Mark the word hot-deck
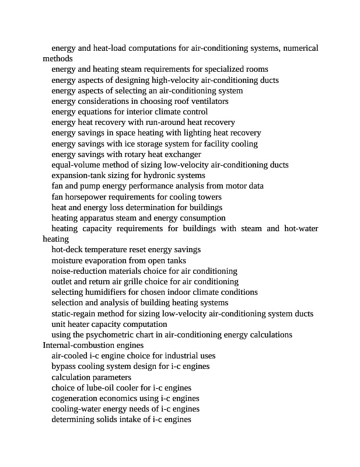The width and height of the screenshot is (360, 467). [x=68, y=249]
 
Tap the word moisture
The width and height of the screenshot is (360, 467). [x=68, y=260]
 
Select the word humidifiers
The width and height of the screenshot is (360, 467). [x=106, y=292]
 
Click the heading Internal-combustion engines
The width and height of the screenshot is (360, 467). [x=93, y=345]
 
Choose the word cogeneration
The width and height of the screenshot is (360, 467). [x=75, y=398]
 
